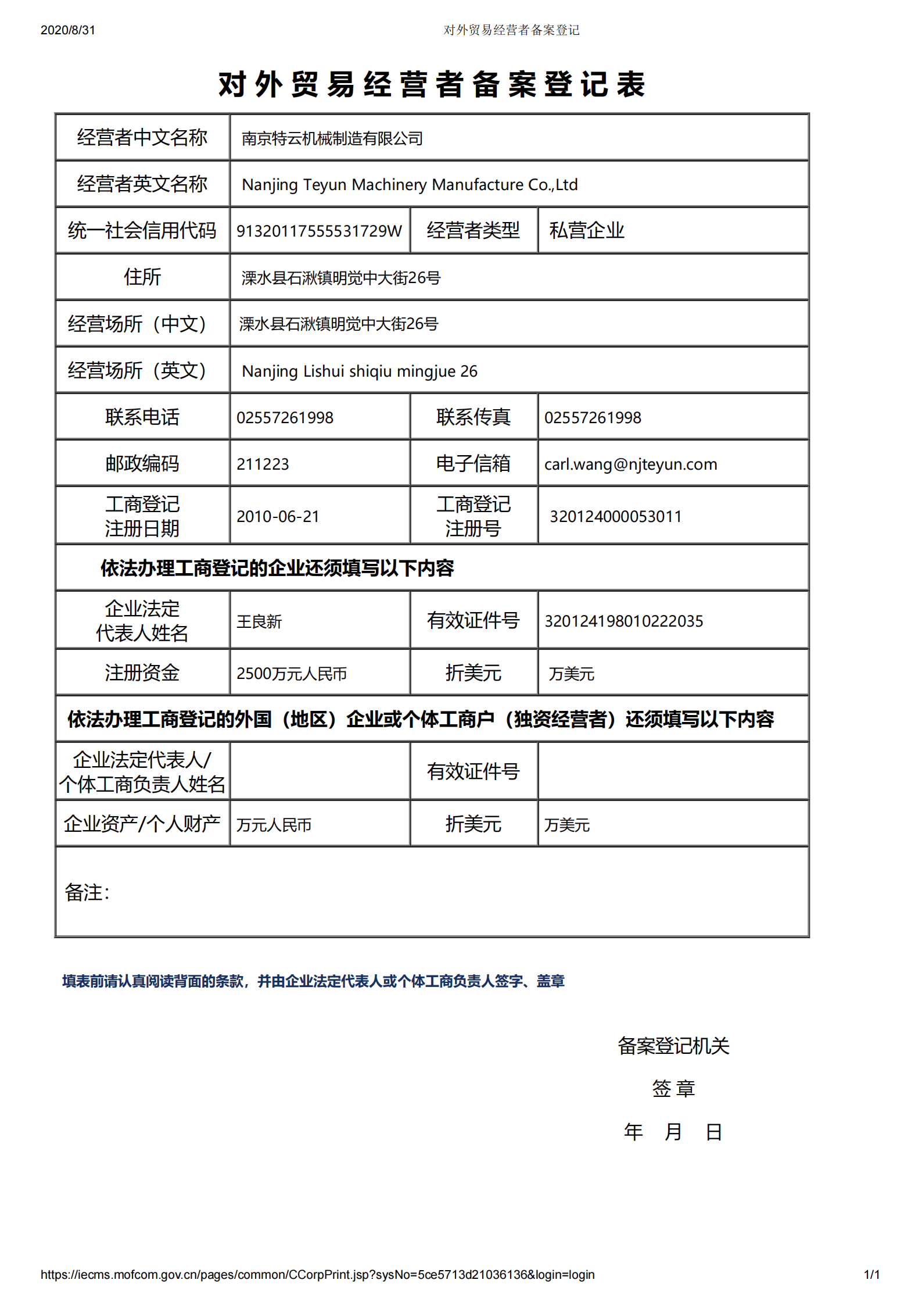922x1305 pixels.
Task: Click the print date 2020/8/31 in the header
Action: tap(67, 30)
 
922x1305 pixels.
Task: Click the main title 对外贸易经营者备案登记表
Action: tap(431, 84)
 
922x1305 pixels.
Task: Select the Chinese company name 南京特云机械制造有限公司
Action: tap(332, 138)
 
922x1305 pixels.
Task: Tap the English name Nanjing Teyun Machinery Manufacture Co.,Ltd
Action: tap(410, 185)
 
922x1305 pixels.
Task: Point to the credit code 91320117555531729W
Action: tap(319, 231)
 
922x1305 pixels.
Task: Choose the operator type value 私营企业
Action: tap(586, 231)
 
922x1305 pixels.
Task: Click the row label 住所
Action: tap(142, 277)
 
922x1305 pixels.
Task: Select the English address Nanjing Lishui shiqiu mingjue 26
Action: tap(360, 371)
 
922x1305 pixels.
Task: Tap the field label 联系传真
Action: tap(473, 417)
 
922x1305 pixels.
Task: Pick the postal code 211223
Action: tap(263, 464)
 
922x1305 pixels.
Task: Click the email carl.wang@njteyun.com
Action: tap(630, 464)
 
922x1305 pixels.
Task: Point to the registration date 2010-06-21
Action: tap(278, 516)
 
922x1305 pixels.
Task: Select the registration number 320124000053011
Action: tap(615, 516)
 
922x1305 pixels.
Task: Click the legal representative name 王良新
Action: tap(259, 621)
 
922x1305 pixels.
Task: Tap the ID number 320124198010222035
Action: tap(623, 621)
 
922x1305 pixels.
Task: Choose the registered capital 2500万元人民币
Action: tap(291, 673)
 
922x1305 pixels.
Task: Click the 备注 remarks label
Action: tap(87, 892)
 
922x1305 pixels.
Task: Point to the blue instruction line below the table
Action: tap(313, 981)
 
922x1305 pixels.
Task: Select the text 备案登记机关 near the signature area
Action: tap(673, 1046)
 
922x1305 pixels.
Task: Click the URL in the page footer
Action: tap(317, 1275)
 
